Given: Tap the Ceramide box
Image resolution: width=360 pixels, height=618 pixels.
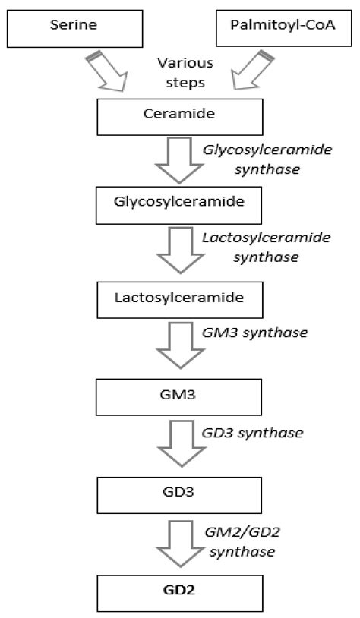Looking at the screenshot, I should click(x=179, y=117).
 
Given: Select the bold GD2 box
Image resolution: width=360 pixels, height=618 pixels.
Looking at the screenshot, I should click(x=179, y=591).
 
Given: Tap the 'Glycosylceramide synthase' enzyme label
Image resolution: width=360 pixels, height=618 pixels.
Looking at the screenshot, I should click(x=257, y=159).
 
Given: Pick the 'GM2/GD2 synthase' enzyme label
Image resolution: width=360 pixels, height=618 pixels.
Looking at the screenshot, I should click(x=242, y=538).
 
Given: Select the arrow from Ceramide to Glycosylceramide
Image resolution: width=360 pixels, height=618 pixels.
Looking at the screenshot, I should click(x=179, y=159).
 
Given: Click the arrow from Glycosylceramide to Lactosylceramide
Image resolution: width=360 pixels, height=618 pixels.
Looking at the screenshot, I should click(x=179, y=250).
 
